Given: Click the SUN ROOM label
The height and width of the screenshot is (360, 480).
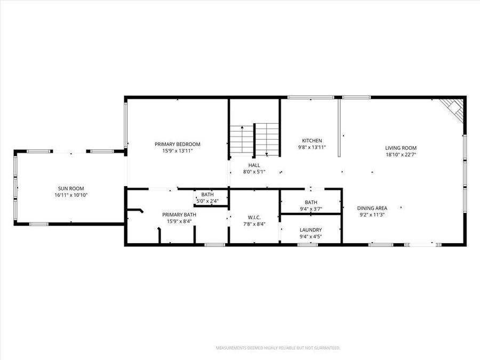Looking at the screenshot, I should click(71, 188).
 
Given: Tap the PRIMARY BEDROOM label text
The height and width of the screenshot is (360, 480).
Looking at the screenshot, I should click(178, 144).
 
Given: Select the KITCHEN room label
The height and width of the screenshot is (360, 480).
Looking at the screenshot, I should click(311, 140).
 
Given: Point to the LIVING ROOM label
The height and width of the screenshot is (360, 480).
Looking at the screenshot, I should click(401, 148).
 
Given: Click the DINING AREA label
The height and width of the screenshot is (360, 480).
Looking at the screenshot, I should click(372, 208).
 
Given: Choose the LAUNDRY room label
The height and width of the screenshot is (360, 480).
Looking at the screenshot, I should click(311, 230).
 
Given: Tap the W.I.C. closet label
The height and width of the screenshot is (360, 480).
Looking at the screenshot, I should click(254, 217).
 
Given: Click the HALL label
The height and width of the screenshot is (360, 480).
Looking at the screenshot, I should click(254, 165).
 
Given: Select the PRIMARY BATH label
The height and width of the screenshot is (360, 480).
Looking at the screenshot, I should click(179, 214).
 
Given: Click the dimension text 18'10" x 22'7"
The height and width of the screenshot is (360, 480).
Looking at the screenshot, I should click(401, 155).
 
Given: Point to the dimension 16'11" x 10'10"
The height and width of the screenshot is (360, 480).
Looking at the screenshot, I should click(71, 195).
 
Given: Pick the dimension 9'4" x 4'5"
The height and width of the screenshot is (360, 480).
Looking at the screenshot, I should click(311, 237).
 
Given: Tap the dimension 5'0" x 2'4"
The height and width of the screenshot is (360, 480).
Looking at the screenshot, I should click(208, 201).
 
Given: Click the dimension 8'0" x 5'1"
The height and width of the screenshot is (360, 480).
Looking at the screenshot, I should click(254, 172).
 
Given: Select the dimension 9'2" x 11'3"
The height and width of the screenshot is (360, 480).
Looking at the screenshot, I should click(372, 215).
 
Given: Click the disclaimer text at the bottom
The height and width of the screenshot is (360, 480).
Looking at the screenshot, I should click(277, 348).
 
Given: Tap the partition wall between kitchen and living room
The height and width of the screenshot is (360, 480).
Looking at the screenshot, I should click(339, 128).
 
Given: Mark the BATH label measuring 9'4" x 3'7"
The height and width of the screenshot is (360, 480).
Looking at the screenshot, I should click(311, 202).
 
